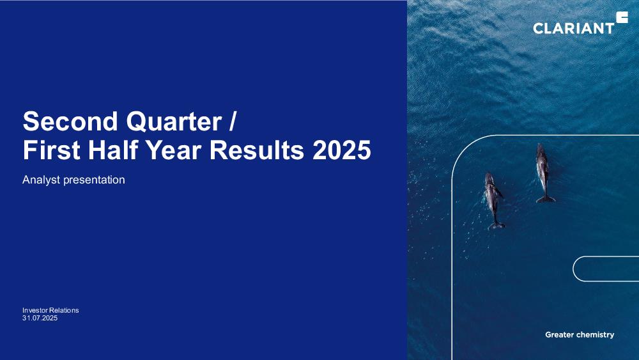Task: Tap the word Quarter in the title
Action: pyautogui.click(x=174, y=121)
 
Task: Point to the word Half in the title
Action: pyautogui.click(x=114, y=150)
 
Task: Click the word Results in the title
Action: pyautogui.click(x=257, y=150)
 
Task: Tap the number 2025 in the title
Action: pyautogui.click(x=341, y=150)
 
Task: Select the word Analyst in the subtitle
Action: pyautogui.click(x=41, y=180)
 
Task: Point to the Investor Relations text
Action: pyautogui.click(x=50, y=310)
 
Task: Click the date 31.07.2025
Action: pyautogui.click(x=40, y=318)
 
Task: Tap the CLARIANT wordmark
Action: pyautogui.click(x=573, y=28)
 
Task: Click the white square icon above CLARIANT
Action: pyautogui.click(x=622, y=17)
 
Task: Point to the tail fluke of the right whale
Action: pyautogui.click(x=546, y=200)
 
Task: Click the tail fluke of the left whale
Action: pyautogui.click(x=497, y=226)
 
